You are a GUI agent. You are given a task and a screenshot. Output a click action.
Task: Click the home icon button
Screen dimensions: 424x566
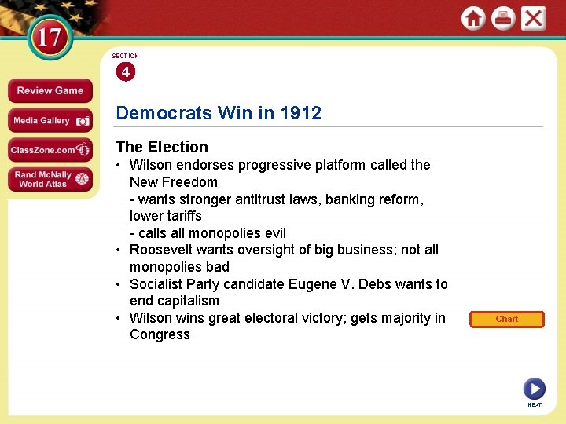(473, 19)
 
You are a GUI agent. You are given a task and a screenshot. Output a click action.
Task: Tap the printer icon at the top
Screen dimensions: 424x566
(503, 19)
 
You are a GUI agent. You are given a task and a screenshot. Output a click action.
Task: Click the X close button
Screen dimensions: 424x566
(533, 19)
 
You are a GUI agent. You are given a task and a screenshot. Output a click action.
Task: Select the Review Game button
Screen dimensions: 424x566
(50, 90)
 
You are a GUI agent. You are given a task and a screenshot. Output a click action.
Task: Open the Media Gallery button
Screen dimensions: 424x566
(50, 120)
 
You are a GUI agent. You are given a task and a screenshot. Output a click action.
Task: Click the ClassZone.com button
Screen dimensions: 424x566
(50, 149)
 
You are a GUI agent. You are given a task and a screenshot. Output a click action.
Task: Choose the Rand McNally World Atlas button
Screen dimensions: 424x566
(50, 179)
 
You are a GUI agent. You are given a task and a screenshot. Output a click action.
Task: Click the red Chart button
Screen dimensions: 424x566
(507, 319)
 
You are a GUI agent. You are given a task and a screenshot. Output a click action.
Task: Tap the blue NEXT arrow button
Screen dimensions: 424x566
(534, 388)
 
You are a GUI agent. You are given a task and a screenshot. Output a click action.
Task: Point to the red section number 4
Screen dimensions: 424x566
(125, 72)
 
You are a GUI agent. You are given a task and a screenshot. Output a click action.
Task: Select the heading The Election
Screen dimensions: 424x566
(162, 147)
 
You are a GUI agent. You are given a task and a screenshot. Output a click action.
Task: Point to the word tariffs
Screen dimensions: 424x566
(183, 216)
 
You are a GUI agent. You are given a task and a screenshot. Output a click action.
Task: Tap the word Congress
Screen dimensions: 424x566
(160, 334)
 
